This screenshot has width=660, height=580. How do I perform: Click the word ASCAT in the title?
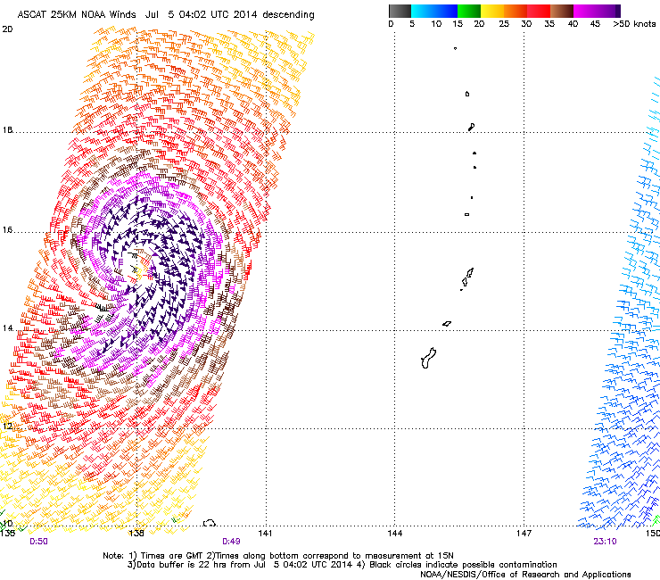tap(33, 15)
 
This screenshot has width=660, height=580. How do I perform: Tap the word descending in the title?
tap(287, 15)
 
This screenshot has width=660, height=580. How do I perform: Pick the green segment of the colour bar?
tap(470, 11)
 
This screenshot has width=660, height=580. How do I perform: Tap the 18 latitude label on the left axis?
tap(7, 131)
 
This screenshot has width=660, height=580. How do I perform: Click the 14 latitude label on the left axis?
tap(7, 329)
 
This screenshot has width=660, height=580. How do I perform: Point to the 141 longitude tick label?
tap(265, 533)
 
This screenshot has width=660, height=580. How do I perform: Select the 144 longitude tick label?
tap(395, 533)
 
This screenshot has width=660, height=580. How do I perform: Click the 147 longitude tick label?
tap(524, 533)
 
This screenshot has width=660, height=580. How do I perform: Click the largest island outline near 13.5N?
tap(427, 358)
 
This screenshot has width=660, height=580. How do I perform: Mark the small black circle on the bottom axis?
tap(210, 524)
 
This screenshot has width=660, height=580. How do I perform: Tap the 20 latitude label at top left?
tap(7, 29)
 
